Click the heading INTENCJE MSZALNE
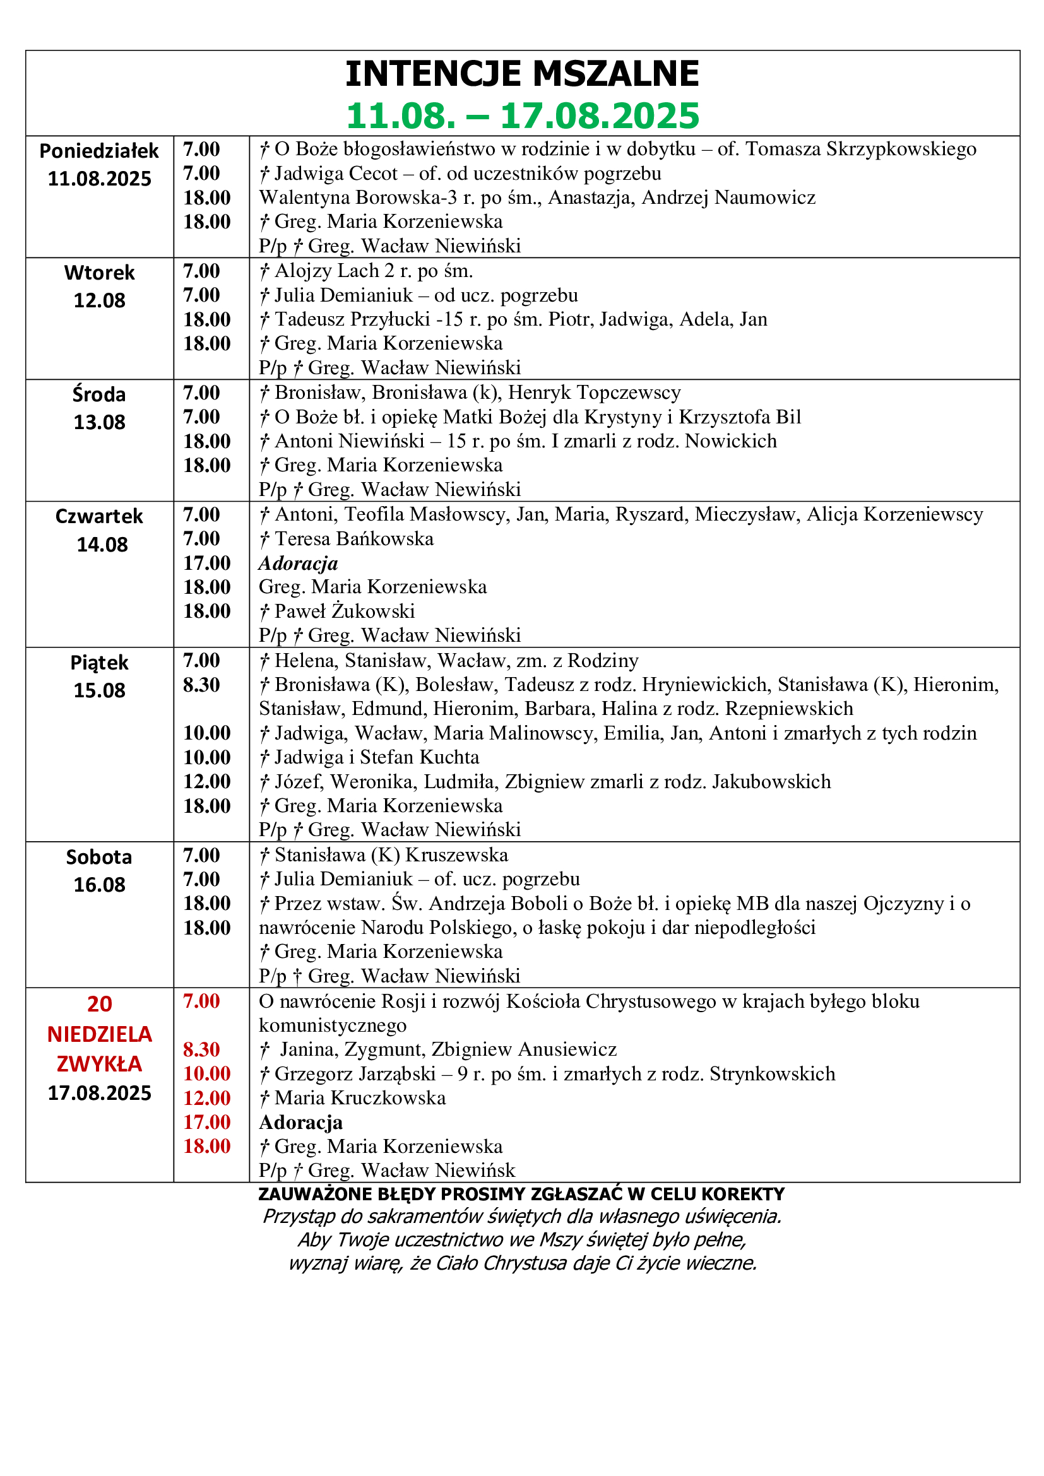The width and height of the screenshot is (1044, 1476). [521, 73]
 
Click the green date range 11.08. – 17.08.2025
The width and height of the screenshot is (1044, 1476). [521, 115]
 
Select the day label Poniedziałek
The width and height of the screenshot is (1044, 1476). [99, 151]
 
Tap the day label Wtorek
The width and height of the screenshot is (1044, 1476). [99, 273]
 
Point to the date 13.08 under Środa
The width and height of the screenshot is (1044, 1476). [99, 422]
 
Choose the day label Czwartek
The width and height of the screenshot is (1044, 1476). [99, 516]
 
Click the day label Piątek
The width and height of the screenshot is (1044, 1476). [99, 663]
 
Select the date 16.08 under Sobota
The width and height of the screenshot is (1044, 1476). [99, 885]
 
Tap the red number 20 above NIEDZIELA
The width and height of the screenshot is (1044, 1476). [99, 1003]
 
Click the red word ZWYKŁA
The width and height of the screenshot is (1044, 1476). [99, 1064]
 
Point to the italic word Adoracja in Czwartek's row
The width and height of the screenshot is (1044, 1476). [299, 563]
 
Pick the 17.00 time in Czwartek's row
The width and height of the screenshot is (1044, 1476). [206, 563]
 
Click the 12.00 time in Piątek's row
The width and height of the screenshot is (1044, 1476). [206, 781]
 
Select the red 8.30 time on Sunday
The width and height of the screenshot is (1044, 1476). [201, 1049]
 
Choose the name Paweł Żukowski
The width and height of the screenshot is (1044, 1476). [345, 611]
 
